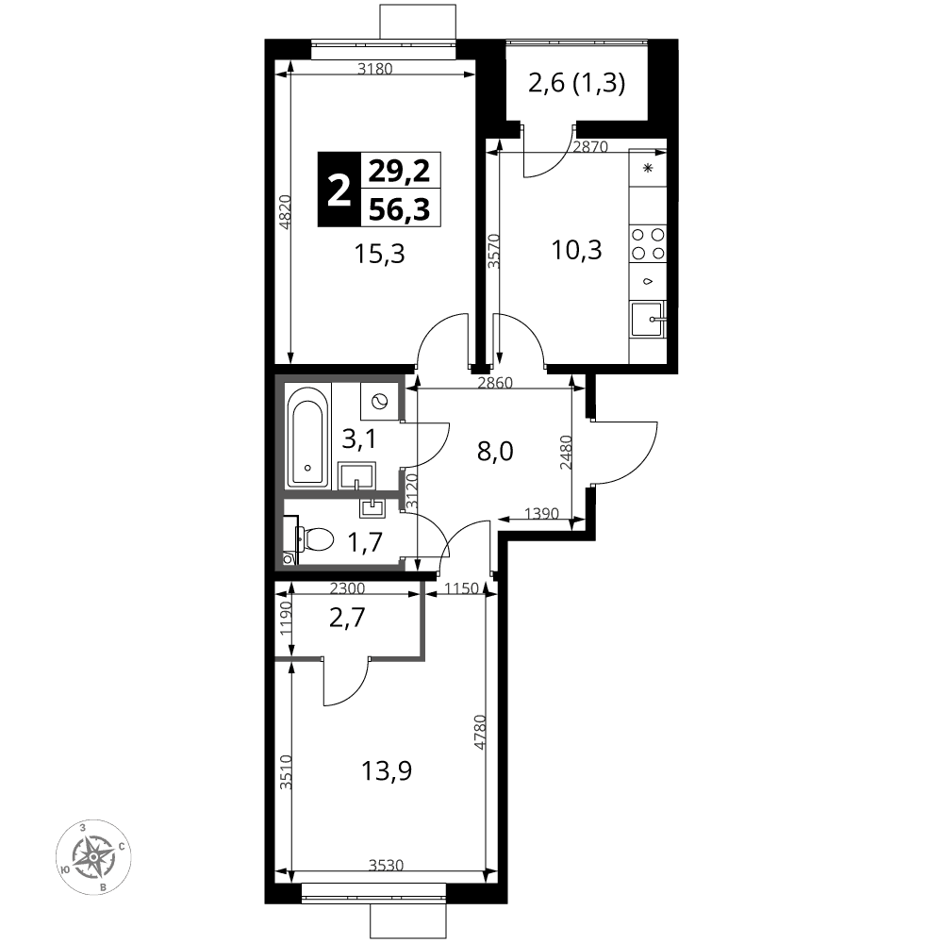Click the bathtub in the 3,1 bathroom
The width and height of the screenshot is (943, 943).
point(308,436)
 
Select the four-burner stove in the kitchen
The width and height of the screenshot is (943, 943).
point(648,243)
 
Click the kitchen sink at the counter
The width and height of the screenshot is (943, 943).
point(647,319)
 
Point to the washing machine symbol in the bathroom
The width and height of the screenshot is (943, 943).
point(379,401)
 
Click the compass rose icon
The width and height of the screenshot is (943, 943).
point(93,856)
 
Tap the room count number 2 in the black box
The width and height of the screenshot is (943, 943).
point(339,190)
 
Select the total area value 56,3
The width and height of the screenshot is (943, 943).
point(399,209)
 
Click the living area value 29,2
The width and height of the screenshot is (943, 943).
point(399,171)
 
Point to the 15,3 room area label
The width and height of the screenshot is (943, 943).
point(379,255)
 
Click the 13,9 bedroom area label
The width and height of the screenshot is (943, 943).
point(386,770)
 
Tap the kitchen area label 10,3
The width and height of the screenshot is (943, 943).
point(576,249)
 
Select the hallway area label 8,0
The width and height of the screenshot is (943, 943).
point(495,451)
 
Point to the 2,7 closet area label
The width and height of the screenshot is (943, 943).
point(347,618)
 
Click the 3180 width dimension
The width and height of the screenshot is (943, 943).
point(374,69)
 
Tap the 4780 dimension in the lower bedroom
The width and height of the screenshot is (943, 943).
point(479,732)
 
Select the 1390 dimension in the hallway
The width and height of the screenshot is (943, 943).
point(541,514)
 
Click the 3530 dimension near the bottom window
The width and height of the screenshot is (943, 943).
point(386,866)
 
